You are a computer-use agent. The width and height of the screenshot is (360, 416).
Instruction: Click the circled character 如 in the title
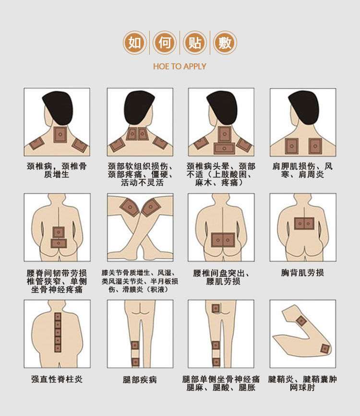coord(134,43)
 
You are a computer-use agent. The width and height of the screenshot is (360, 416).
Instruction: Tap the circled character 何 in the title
coord(165,43)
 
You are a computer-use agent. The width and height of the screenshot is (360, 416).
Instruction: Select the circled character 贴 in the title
coord(195,43)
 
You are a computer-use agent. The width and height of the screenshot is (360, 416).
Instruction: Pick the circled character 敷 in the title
coord(225,43)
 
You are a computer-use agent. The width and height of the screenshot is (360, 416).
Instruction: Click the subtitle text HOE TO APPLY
coord(180,66)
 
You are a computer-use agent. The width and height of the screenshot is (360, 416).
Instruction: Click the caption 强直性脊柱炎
coord(57,379)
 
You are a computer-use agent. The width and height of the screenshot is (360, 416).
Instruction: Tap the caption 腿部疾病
coord(140,380)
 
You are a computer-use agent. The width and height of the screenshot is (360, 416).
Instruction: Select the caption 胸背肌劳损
coord(303,273)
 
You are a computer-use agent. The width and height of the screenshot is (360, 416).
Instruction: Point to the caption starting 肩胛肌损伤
coord(303,170)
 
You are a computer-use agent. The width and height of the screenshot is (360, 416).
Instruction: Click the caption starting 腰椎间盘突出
coord(221,277)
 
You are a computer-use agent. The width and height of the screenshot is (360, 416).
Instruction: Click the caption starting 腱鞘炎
coord(302,383)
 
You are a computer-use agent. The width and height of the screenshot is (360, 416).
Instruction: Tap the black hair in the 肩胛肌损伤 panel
coord(304,107)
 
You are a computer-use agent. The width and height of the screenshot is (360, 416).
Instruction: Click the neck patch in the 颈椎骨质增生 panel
coord(60,135)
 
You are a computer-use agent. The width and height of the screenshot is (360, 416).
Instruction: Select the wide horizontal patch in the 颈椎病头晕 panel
coord(224,149)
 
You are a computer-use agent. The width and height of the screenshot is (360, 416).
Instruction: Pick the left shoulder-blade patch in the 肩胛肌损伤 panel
coord(292,146)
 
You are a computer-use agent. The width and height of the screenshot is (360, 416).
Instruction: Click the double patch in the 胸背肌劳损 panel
coord(304,224)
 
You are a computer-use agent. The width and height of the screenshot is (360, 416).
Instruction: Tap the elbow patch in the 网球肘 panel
coord(325,348)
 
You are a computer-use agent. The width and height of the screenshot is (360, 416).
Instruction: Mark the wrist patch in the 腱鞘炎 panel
coord(301,321)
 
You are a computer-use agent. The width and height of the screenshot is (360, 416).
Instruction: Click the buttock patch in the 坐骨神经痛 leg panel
coord(216,309)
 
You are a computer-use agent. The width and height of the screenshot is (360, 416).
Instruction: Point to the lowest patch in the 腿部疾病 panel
coord(135,362)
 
